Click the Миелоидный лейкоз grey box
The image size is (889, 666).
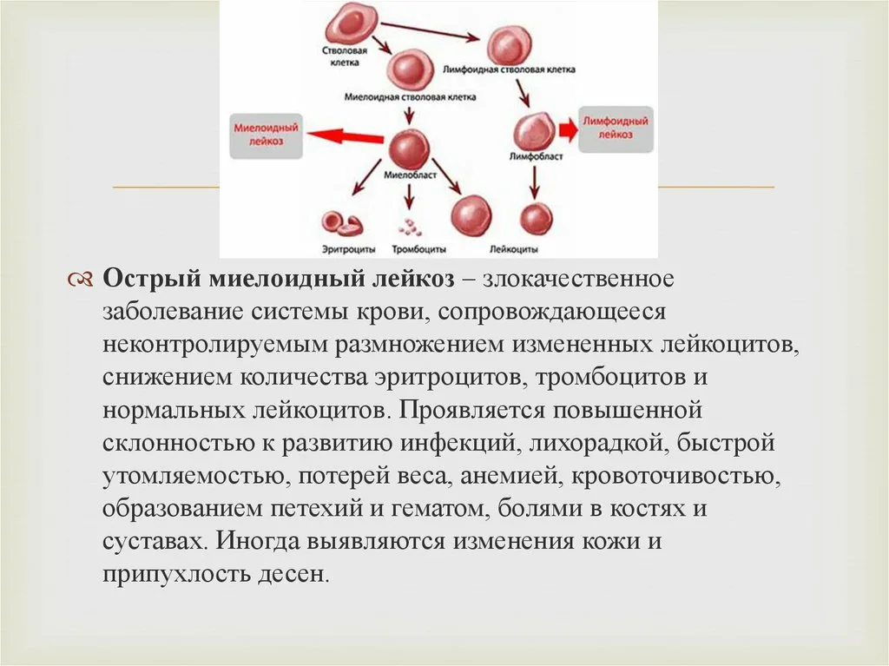(267, 135)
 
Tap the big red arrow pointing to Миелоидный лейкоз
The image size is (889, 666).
(346, 135)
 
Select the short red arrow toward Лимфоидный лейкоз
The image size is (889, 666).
(567, 130)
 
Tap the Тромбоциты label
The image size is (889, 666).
(412, 248)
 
